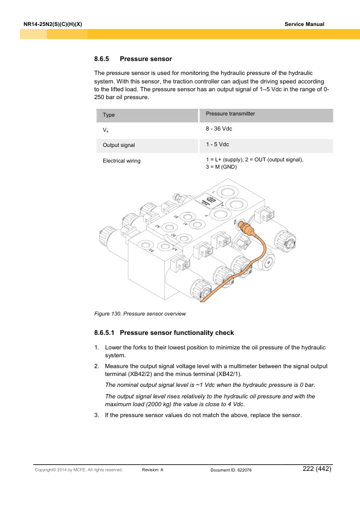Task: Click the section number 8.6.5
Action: pos(103,59)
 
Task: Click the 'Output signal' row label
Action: pos(119,146)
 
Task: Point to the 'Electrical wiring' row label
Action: pos(121,161)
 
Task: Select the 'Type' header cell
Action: pos(109,115)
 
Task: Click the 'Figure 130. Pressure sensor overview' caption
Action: pos(140,314)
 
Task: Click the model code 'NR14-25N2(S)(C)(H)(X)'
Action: pos(52,24)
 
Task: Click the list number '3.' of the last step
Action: pos(97,415)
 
